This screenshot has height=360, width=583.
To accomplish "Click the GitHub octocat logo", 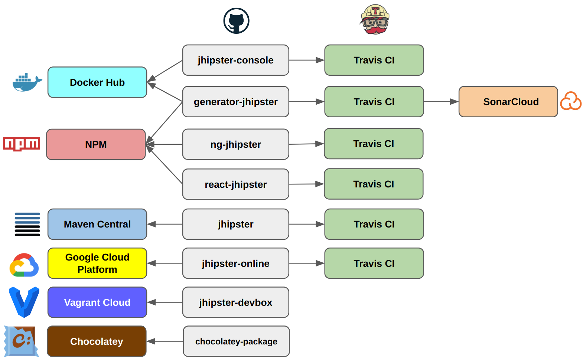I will coord(236,21).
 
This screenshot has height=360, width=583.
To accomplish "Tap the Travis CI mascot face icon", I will coord(375,20).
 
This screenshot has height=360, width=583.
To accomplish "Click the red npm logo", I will coord(22,144).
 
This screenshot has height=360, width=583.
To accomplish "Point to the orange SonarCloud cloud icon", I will coord(570,101).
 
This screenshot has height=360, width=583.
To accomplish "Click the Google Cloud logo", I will coord(24,265).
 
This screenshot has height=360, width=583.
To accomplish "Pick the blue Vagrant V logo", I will coord(24,302).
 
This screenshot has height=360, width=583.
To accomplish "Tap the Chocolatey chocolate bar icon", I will coord(21,341).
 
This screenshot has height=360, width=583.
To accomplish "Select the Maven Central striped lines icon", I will coord(27,224).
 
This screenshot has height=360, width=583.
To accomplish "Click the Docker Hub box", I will coord(97,82).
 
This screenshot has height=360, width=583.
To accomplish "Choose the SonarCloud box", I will coord(508,102).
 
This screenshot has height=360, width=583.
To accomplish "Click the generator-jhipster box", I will coord(236,102).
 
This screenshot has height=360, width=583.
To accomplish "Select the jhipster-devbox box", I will coord(236,302).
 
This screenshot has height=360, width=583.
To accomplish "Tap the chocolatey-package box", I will coord(236,341).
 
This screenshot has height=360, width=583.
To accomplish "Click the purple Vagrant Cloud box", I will coord(97,302).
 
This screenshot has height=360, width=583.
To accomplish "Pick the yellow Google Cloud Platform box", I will coord(97,264).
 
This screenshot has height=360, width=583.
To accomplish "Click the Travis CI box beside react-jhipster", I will coord(374,184).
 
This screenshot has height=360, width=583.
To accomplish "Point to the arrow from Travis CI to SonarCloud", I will coord(441,102).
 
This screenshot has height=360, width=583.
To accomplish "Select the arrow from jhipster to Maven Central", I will coord(165,224).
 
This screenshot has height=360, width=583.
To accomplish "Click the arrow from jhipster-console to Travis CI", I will coord(307,60).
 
